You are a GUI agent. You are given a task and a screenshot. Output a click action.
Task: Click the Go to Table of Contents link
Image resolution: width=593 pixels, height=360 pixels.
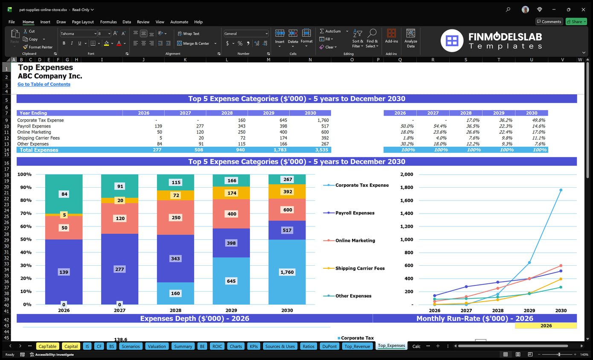click(x=44, y=84)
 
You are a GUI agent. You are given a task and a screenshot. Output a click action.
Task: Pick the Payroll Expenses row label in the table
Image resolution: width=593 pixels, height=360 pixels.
click(x=34, y=126)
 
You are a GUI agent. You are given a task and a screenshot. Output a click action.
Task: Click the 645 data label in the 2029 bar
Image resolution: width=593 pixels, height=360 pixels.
click(x=231, y=281)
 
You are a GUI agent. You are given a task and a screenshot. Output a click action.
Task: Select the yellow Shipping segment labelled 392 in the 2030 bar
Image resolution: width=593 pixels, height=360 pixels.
click(x=287, y=192)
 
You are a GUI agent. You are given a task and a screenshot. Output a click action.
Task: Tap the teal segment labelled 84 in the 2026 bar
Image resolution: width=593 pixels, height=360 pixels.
click(x=64, y=195)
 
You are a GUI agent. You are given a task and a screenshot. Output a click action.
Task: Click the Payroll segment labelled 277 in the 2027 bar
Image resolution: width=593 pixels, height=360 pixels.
click(x=119, y=269)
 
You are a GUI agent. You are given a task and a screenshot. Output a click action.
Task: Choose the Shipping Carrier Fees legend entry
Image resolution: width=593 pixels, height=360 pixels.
click(x=360, y=268)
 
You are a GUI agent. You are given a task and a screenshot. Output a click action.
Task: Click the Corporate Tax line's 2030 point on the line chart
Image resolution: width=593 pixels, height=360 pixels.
click(x=561, y=190)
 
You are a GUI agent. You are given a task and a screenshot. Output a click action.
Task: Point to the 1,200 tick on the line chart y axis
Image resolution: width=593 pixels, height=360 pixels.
click(x=407, y=226)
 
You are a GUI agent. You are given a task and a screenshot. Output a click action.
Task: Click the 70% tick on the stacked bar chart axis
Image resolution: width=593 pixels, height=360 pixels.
click(x=24, y=213)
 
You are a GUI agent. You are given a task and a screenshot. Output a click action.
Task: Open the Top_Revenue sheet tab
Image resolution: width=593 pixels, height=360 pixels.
click(x=357, y=346)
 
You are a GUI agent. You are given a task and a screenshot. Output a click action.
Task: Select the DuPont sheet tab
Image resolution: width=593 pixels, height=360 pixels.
click(x=329, y=346)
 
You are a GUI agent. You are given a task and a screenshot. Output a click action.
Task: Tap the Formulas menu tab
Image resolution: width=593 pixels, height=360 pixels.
click(x=108, y=22)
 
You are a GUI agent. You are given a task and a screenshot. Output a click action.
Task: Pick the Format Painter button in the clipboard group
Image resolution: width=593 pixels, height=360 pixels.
click(x=38, y=47)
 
